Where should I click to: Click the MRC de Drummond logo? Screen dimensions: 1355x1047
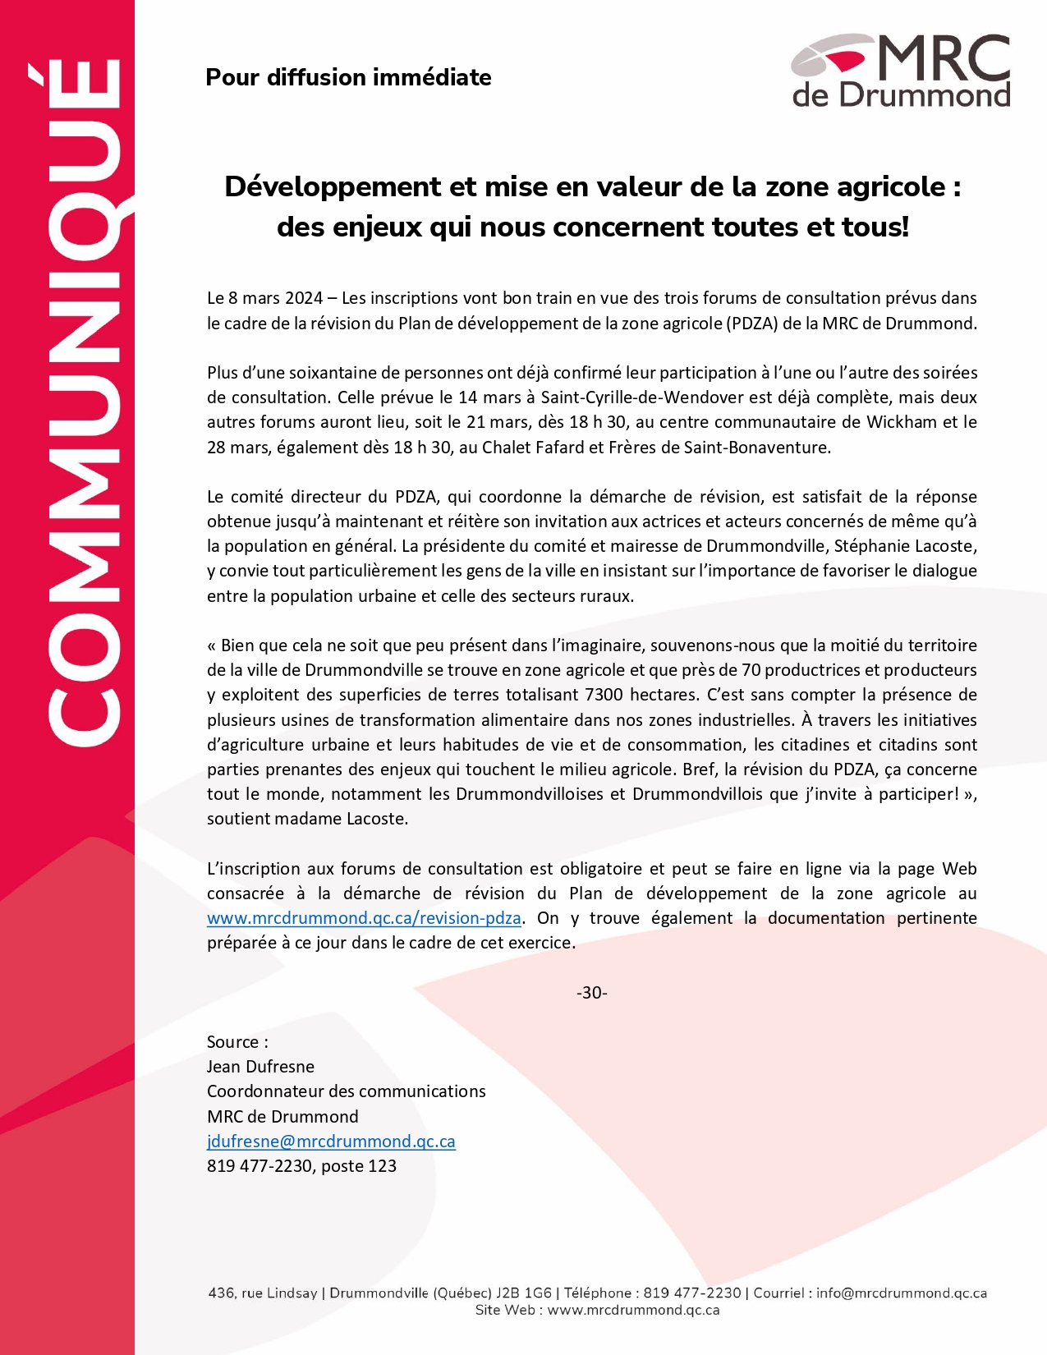pos(901,71)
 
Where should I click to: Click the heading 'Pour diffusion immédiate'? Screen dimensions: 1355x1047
pos(348,77)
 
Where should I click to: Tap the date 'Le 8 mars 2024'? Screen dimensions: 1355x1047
pos(264,298)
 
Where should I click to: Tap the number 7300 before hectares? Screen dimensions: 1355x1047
pos(604,695)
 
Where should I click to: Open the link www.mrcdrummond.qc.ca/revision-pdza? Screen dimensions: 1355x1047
pos(364,918)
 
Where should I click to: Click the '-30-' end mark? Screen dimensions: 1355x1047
pos(591,993)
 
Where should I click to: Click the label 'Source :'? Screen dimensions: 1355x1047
pos(237,1042)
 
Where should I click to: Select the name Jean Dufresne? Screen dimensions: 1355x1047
pos(260,1067)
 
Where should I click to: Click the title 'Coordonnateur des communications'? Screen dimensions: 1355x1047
pos(346,1091)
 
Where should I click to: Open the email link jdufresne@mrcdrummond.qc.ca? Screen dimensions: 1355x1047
pos(331,1141)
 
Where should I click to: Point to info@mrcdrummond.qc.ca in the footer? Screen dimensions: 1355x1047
pos(901,1293)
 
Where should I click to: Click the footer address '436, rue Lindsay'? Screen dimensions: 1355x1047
pos(263,1293)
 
